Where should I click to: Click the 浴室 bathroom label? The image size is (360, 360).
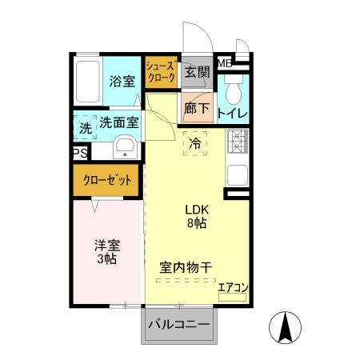122,80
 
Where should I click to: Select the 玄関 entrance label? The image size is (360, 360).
197,72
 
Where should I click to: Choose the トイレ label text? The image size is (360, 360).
233,113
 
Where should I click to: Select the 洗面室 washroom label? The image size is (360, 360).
120,123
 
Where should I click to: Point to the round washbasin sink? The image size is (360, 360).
124,147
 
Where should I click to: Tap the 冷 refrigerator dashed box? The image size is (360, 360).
195,144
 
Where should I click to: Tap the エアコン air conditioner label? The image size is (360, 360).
232,287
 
